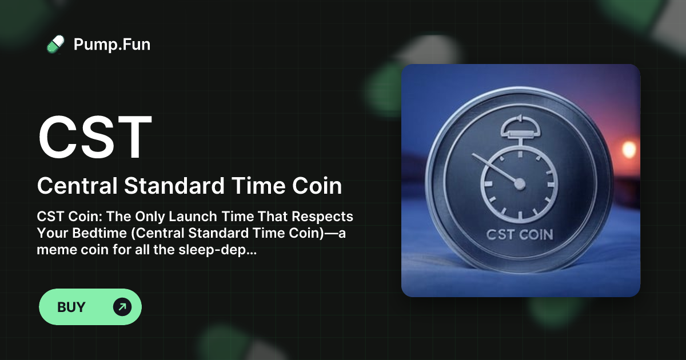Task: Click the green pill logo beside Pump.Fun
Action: click(55, 44)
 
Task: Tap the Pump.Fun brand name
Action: click(112, 44)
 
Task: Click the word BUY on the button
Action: click(71, 307)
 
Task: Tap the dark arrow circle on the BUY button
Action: click(122, 307)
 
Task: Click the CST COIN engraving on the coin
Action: click(519, 234)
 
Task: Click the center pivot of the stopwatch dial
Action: click(519, 183)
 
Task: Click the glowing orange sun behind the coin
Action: click(629, 149)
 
